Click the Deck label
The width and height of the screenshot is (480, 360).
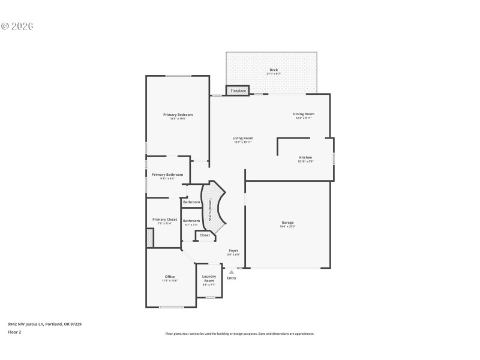(274, 70)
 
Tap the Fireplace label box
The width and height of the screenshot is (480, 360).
(238, 91)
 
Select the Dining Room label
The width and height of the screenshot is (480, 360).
(304, 114)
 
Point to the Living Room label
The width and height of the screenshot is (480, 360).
(243, 138)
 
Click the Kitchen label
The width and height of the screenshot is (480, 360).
(305, 157)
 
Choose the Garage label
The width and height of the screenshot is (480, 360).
(287, 223)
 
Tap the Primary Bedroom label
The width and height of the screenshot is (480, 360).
(178, 115)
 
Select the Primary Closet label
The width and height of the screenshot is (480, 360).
(164, 220)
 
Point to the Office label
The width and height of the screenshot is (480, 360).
(170, 277)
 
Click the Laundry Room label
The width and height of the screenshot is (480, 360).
(209, 278)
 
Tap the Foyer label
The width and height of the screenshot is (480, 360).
(233, 250)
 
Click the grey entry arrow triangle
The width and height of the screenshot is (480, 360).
(232, 272)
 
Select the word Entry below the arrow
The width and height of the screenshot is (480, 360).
(232, 278)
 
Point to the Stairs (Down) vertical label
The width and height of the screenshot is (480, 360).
(210, 211)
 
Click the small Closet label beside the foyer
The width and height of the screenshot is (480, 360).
(205, 235)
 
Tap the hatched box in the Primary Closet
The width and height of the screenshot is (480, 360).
(150, 238)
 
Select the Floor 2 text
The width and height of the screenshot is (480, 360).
(14, 332)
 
